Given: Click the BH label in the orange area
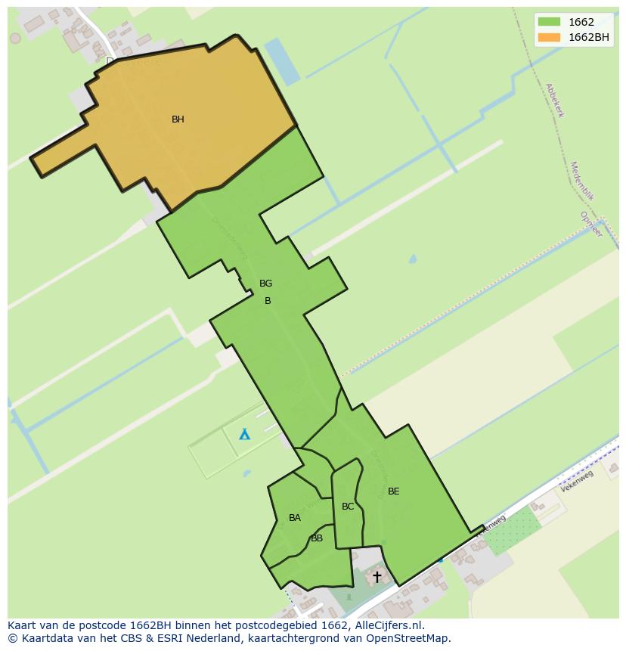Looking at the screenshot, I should click(178, 119).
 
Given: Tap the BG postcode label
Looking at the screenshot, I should click(265, 284).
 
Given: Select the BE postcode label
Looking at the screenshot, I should click(393, 491).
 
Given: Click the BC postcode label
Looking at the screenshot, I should click(348, 507).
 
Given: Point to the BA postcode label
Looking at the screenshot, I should click(295, 518).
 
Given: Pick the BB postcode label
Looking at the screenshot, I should click(317, 538).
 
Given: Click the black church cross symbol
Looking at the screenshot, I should click(377, 577).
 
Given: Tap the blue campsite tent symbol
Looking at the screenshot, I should click(244, 434).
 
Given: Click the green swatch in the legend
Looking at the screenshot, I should click(549, 23).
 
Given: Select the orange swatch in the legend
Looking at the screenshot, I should click(549, 38).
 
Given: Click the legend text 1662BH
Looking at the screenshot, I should click(589, 38).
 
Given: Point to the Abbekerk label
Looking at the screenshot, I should click(554, 100).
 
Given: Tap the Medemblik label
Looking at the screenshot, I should click(582, 181).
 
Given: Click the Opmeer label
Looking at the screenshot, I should click(591, 225).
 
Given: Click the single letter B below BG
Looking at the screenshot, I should click(267, 301).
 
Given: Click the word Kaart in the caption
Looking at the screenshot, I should click(22, 625).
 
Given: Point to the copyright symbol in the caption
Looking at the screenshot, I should click(12, 638).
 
